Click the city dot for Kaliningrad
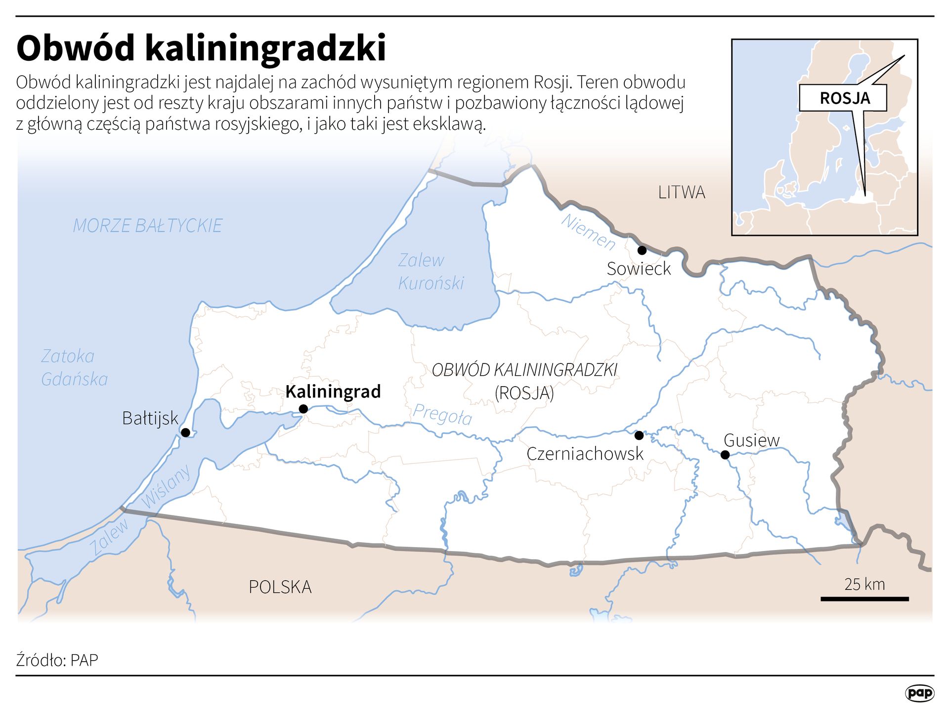(303, 409)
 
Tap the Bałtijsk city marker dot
(185, 433)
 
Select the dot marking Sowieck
(642, 250)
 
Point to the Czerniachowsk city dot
(639, 435)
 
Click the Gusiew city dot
(725, 455)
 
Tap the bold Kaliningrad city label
(333, 392)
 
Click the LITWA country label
(681, 192)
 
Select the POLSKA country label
(280, 587)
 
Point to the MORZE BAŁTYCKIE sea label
(147, 226)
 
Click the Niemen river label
(588, 232)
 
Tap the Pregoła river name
(442, 415)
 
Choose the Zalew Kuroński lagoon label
(431, 272)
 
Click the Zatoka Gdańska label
(74, 367)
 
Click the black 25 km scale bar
(864, 599)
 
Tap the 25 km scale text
(864, 584)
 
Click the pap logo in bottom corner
(919, 693)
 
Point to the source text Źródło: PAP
(57, 660)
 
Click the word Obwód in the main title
(76, 48)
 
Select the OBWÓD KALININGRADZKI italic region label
(524, 370)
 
